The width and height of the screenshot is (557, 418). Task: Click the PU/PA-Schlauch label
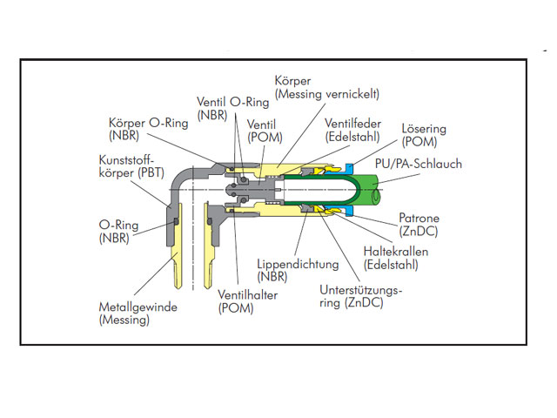pos(418,164)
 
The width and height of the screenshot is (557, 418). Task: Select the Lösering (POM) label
pos(424,134)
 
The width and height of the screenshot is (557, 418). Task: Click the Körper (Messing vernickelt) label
pos(326,86)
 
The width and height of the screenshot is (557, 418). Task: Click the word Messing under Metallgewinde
pos(124,320)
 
